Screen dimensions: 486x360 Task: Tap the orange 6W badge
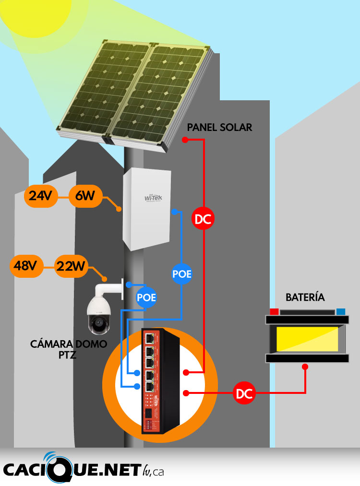[84, 196]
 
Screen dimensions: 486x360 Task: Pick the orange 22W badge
[71, 265]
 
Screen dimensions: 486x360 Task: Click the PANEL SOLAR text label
[219, 128]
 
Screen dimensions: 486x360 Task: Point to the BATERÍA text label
[305, 297]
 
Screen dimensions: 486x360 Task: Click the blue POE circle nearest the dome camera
[146, 297]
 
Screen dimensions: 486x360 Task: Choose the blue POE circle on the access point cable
[182, 274]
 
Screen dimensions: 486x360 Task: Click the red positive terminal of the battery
[274, 311]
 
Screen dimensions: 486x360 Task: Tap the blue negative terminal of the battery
[341, 311]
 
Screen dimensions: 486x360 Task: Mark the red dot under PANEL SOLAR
[184, 140]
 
